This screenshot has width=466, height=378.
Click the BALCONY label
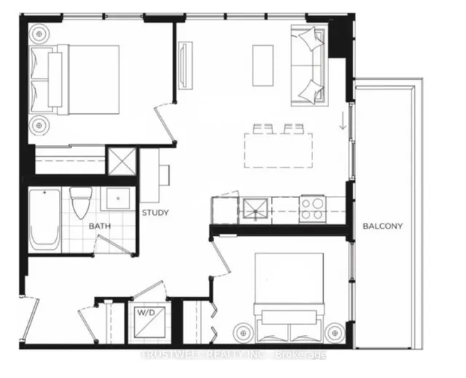pyautogui.click(x=382, y=227)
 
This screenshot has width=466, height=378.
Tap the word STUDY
pyautogui.click(x=155, y=213)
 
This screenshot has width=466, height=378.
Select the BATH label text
pyautogui.click(x=100, y=227)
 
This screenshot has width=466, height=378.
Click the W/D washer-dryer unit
pyautogui.click(x=150, y=323)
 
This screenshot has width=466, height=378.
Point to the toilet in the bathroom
pyautogui.click(x=81, y=202)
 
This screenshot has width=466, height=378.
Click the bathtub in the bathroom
pyautogui.click(x=45, y=220)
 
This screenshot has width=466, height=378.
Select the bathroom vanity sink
pyautogui.click(x=118, y=199)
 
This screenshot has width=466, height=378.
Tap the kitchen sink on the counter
pyautogui.click(x=256, y=210)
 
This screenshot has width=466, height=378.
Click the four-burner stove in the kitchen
pyautogui.click(x=312, y=209)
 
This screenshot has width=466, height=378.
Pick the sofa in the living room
pyautogui.click(x=309, y=66)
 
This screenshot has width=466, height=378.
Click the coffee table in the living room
pyautogui.click(x=263, y=66)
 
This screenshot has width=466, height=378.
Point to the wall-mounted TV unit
pyautogui.click(x=186, y=65)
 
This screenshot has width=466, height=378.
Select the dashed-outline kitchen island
pyautogui.click(x=278, y=150)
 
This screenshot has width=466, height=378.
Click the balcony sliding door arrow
pyautogui.click(x=343, y=121)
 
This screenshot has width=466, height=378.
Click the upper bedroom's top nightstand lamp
pyautogui.click(x=39, y=34)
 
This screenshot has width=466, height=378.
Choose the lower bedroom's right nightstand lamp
pyautogui.click(x=335, y=333)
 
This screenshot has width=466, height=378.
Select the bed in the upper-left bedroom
pyautogui.click(x=74, y=79)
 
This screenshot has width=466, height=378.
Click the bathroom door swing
pyautogui.click(x=114, y=245)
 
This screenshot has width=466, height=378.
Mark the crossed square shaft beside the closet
pyautogui.click(x=122, y=162)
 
